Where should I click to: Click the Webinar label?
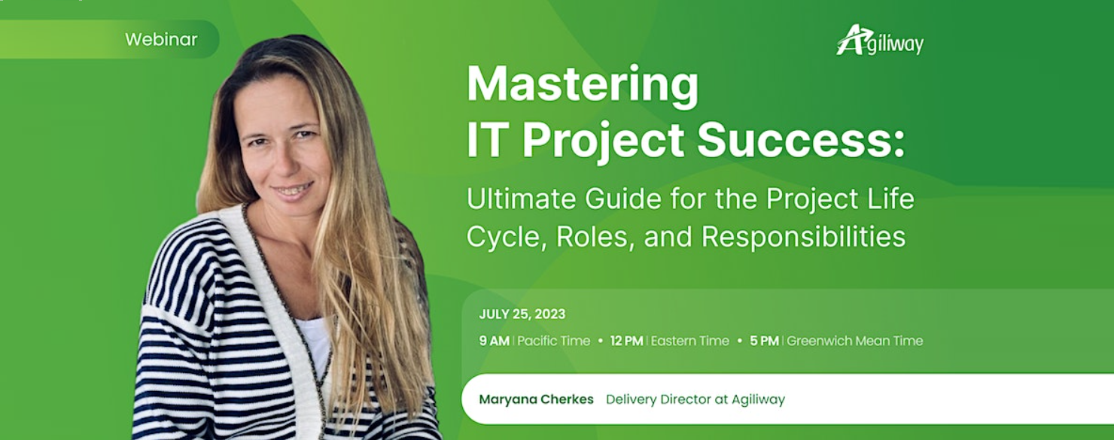[x=161, y=40]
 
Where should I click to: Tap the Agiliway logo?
[x=880, y=41]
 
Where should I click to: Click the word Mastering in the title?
[x=583, y=86]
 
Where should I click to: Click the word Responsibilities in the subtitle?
[x=803, y=237]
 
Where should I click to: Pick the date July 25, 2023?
[x=522, y=314]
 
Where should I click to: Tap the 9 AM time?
[x=494, y=341]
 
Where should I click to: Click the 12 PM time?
[x=626, y=341]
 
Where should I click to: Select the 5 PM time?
[x=764, y=341]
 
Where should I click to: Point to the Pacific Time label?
[x=553, y=341]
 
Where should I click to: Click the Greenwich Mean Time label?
[x=854, y=341]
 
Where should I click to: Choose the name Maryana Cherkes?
[x=536, y=399]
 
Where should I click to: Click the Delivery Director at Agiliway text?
[x=695, y=399]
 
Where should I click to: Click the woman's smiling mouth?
[x=293, y=190]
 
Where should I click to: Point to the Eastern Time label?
[x=689, y=341]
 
